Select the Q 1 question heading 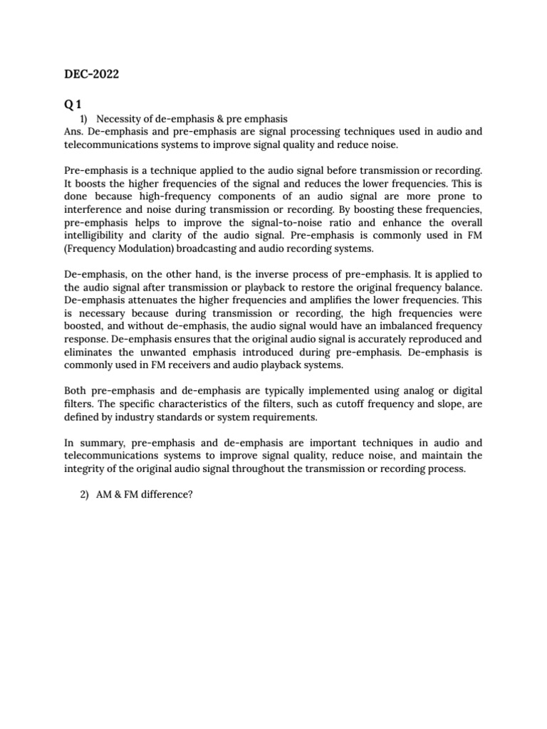pos(74,104)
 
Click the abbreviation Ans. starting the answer pos(74,131)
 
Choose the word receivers pos(192,364)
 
